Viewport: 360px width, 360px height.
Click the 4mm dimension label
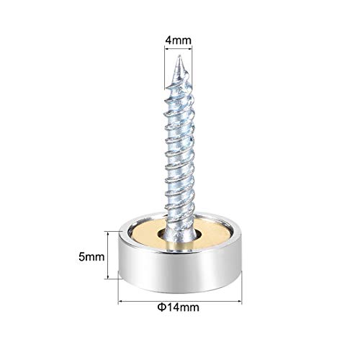point(179,35)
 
